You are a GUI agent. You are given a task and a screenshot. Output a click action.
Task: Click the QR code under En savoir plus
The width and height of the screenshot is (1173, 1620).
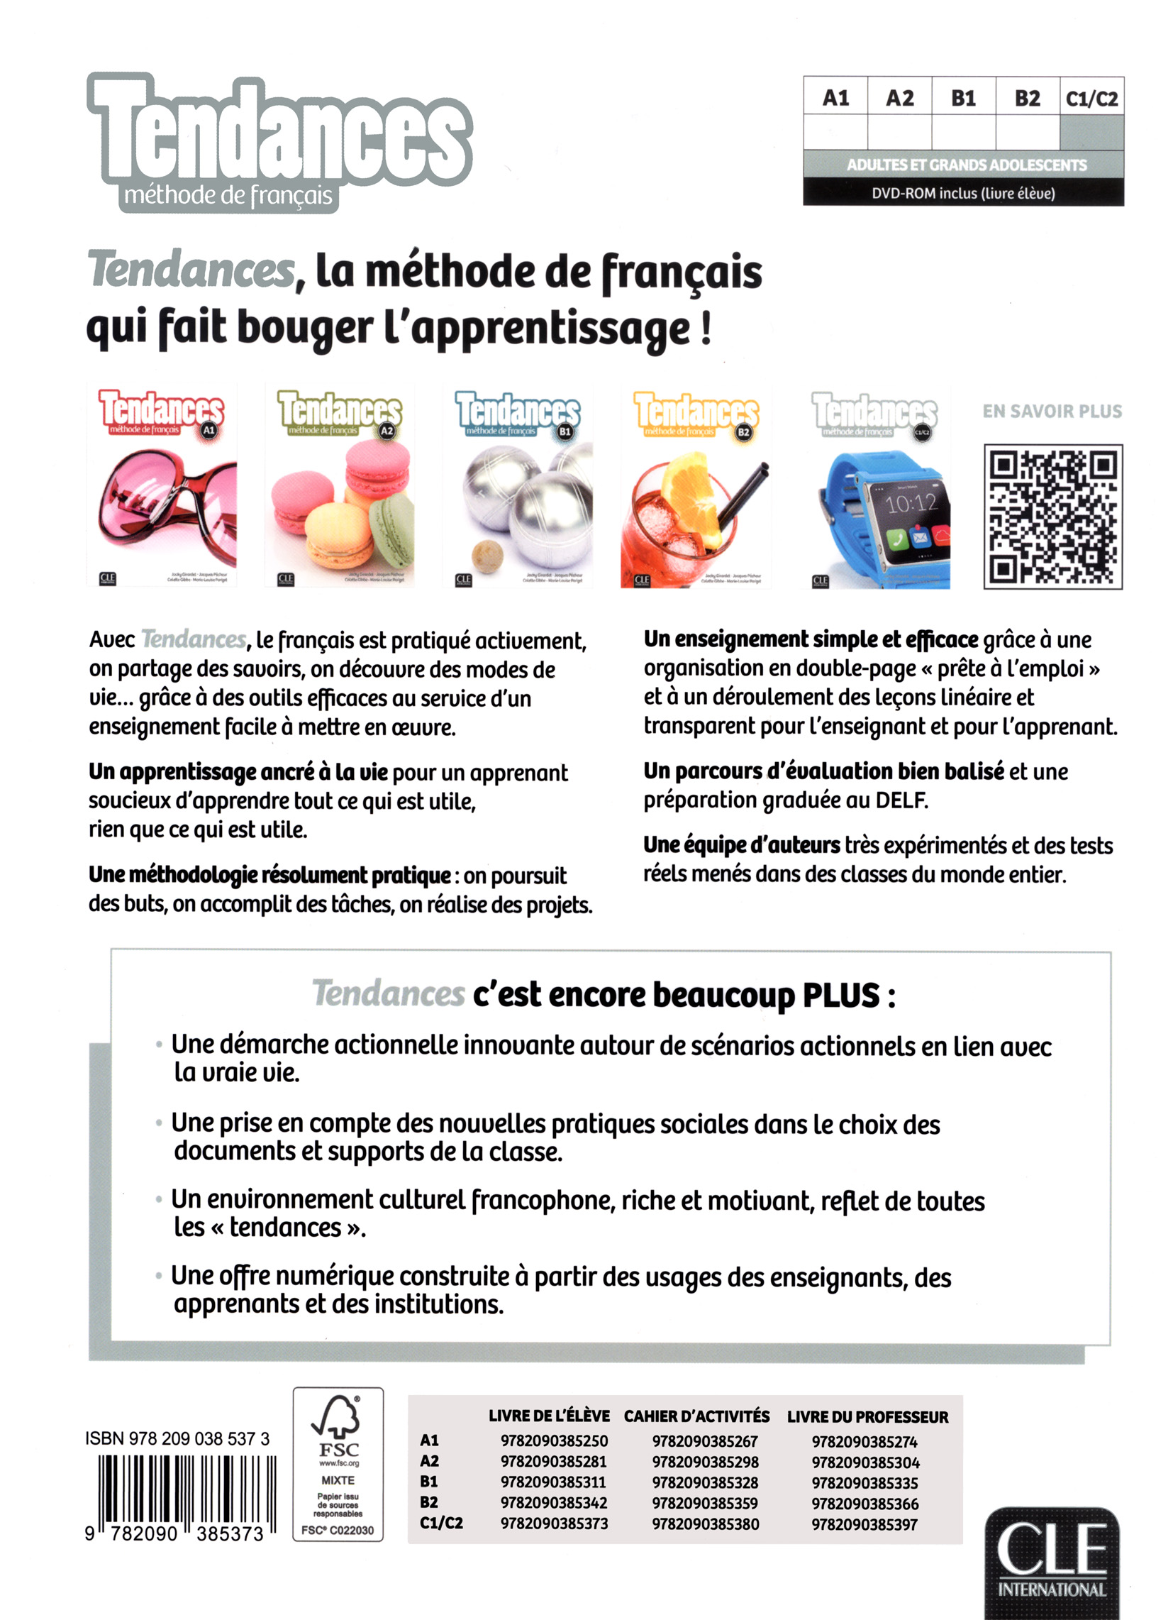[1052, 516]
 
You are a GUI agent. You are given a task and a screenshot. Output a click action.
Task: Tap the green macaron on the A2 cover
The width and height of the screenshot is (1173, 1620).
[393, 529]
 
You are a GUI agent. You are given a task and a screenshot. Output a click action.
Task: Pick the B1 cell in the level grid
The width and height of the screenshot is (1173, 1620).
[963, 98]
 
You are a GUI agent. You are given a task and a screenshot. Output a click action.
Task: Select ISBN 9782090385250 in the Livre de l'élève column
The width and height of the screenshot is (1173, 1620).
[554, 1441]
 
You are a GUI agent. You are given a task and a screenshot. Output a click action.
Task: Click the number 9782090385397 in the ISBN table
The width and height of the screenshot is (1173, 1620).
[865, 1524]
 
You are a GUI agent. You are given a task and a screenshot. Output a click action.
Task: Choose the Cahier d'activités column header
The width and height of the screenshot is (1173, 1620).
[696, 1416]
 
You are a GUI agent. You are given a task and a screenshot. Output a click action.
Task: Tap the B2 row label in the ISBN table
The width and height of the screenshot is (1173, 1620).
[429, 1502]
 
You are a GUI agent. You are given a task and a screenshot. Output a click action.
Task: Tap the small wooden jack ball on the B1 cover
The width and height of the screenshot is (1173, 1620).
[489, 553]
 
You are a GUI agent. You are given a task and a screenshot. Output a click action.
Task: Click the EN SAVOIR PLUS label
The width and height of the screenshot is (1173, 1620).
[1052, 412]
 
